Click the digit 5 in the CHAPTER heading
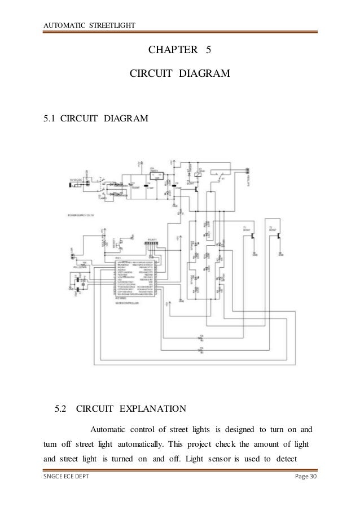click(x=208, y=50)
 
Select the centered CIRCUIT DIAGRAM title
click(x=180, y=73)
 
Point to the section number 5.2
click(x=60, y=408)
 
